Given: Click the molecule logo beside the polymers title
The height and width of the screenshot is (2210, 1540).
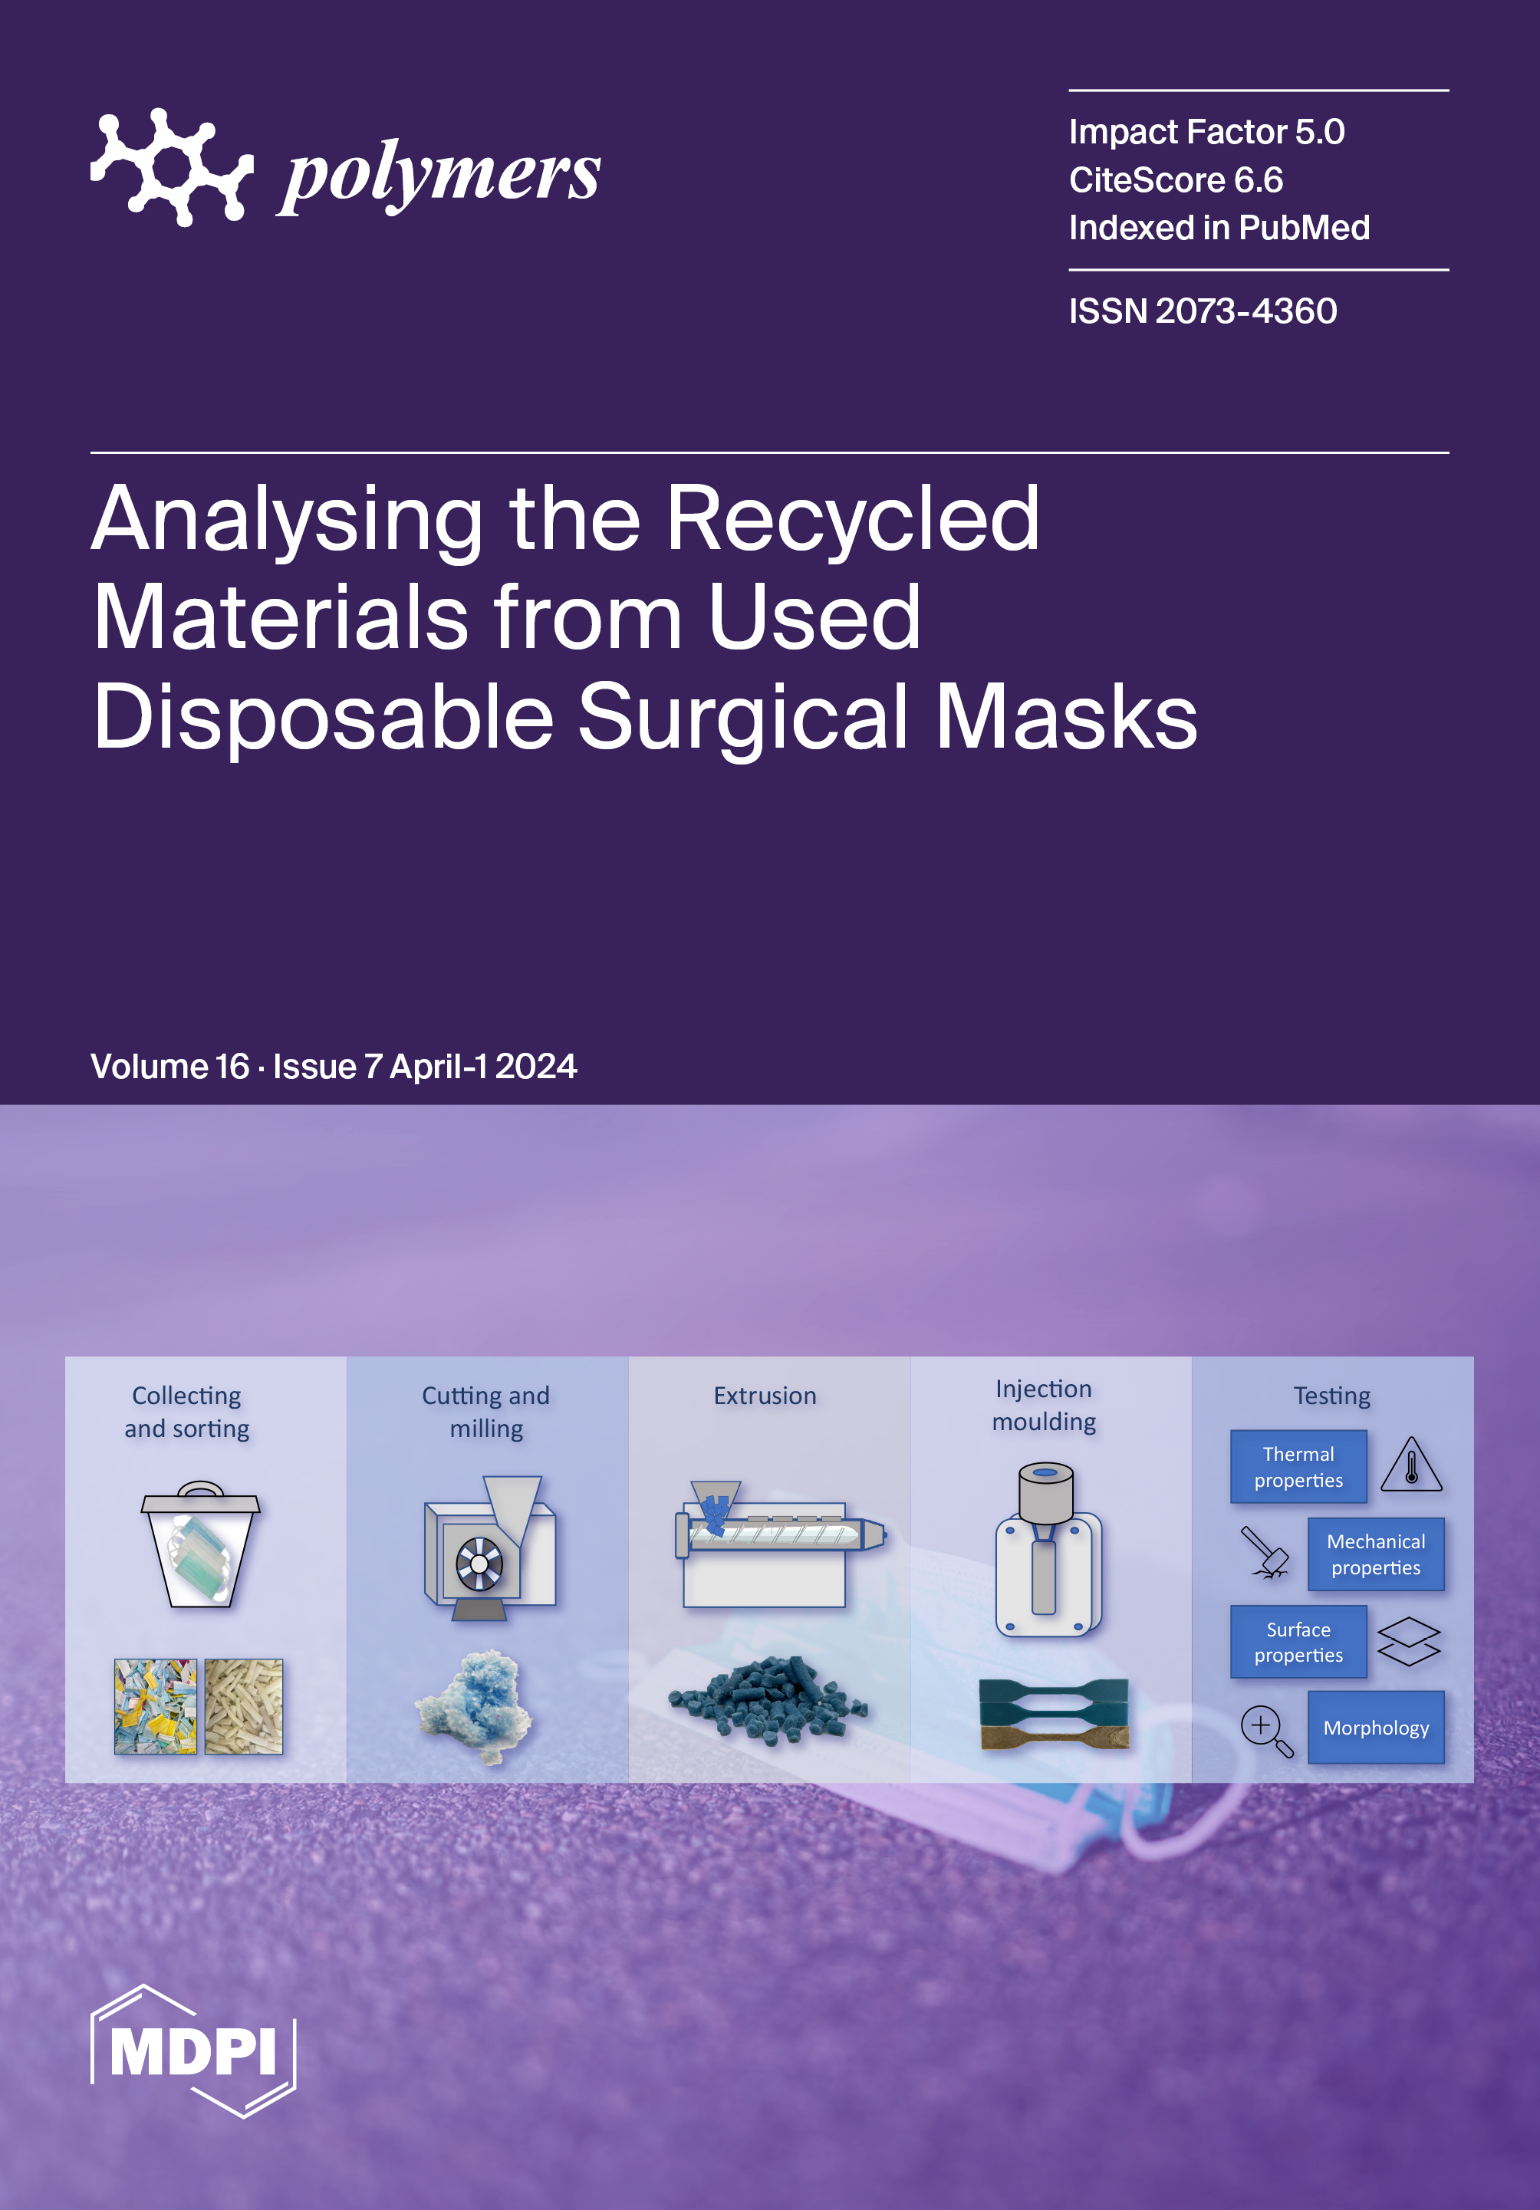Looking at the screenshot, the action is click(171, 167).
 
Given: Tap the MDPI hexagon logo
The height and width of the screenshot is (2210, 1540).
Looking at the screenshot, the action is click(192, 2050).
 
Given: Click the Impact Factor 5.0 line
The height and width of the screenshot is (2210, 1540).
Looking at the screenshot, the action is click(1206, 132).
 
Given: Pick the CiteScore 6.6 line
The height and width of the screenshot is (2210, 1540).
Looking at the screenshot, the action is click(1175, 180).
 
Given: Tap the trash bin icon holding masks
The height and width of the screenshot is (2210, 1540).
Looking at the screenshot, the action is click(200, 1545).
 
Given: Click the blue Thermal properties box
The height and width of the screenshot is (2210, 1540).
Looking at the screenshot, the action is click(1298, 1467).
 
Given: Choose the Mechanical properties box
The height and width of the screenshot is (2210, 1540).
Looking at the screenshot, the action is click(1375, 1554).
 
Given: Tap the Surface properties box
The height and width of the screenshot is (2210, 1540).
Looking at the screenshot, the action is click(1298, 1642).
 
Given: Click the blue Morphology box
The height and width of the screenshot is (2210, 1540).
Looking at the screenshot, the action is click(1375, 1728).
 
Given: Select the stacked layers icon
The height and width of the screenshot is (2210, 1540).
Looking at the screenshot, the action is click(1408, 1641).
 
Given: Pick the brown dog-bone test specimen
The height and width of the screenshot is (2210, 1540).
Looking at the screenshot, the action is click(1053, 1735).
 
